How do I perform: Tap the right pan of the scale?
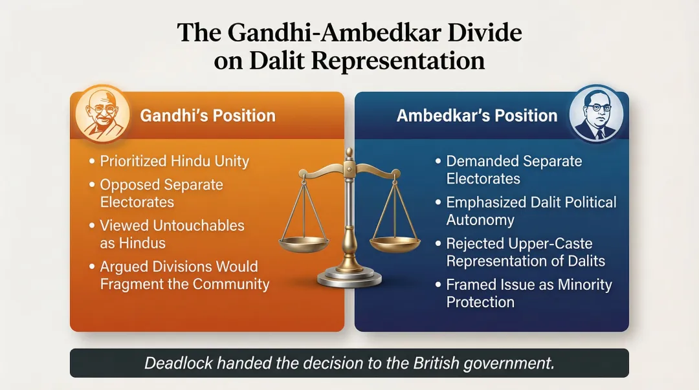[x=394, y=243]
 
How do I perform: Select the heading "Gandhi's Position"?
[x=208, y=116]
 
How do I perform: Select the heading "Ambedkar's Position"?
[x=477, y=116]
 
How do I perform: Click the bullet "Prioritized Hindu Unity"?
[x=174, y=161]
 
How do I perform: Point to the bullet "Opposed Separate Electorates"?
[x=161, y=193]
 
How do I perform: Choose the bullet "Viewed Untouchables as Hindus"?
[x=172, y=234]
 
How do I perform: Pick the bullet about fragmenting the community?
[x=184, y=275]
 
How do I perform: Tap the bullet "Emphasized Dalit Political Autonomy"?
[x=531, y=211]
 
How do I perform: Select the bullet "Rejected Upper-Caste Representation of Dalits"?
[x=526, y=252]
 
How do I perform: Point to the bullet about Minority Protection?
[x=529, y=293]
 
